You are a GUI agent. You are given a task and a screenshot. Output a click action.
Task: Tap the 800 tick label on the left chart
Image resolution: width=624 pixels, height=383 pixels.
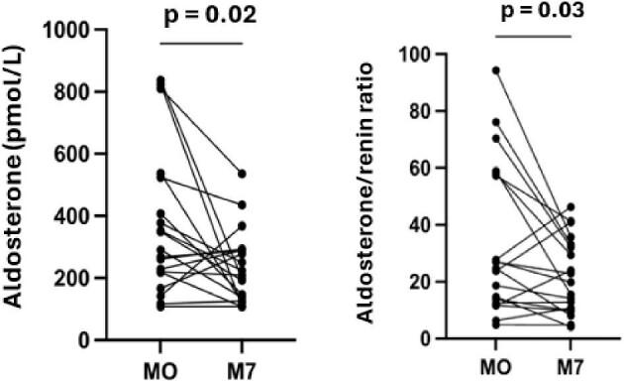pyautogui.click(x=87, y=92)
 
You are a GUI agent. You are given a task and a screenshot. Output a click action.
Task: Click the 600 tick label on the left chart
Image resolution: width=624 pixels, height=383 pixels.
pyautogui.click(x=87, y=155)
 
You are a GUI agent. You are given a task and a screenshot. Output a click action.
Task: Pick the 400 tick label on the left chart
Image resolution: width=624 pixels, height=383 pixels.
pyautogui.click(x=87, y=216)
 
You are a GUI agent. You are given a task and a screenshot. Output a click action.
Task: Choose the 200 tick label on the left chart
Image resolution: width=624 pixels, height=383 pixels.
pyautogui.click(x=87, y=278)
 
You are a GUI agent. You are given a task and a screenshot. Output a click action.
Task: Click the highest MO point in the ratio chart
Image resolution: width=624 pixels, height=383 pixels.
pyautogui.click(x=495, y=70)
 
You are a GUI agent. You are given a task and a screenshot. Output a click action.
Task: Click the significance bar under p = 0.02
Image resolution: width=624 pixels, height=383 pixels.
pyautogui.click(x=202, y=43)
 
